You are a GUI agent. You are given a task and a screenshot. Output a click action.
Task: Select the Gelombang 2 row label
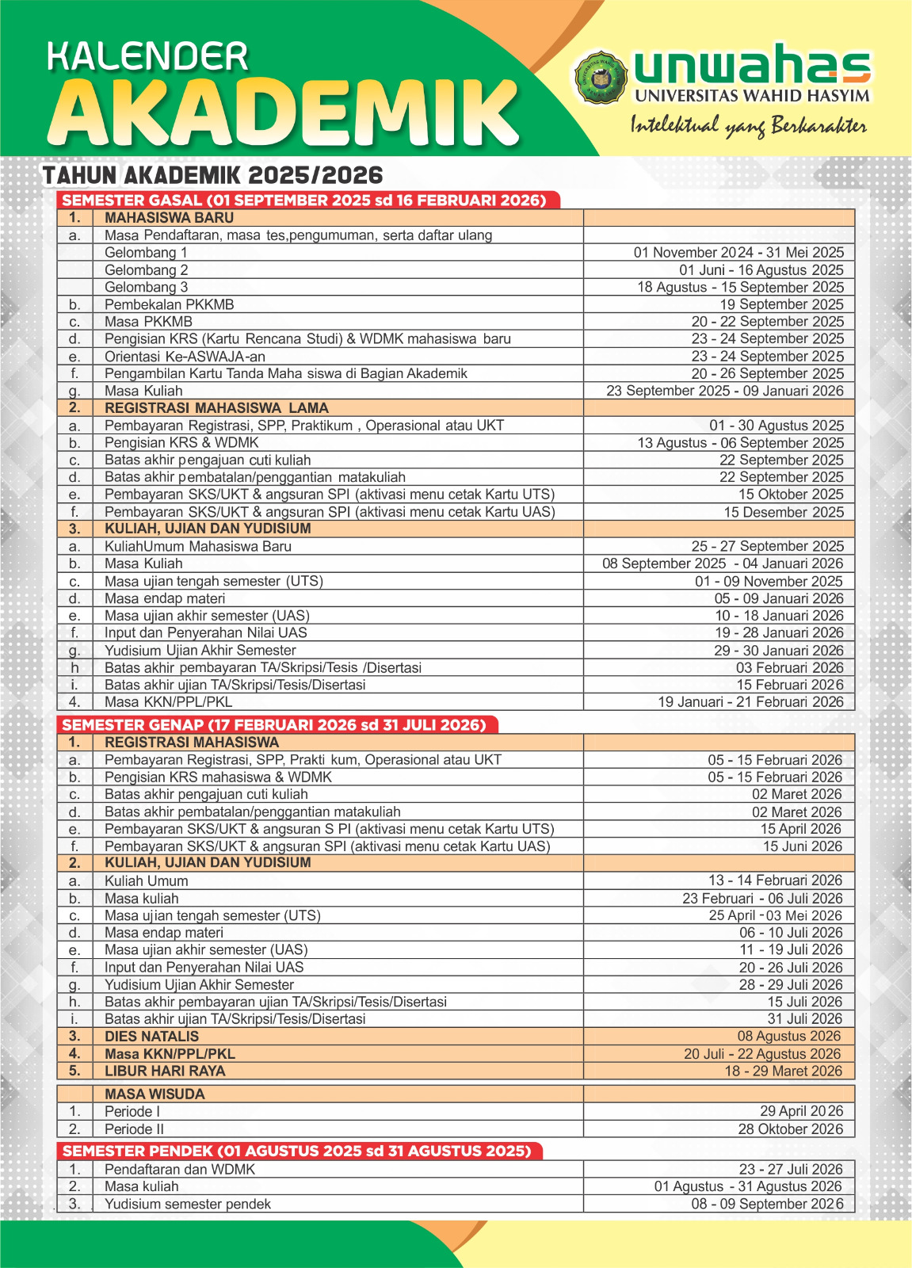(147, 270)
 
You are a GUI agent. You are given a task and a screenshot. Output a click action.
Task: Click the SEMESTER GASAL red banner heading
(304, 201)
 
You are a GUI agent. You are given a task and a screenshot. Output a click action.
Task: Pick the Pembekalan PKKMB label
(169, 304)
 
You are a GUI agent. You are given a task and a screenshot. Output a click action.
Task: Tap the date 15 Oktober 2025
(791, 495)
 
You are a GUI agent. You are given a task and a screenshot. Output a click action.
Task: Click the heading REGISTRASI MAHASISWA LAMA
(216, 408)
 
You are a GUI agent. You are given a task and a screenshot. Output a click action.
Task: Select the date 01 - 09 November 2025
(769, 581)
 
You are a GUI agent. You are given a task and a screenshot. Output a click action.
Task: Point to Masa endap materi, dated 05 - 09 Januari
(165, 598)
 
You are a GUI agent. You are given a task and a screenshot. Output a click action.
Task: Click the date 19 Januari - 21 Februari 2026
(750, 702)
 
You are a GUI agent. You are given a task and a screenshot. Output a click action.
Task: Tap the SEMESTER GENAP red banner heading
(274, 725)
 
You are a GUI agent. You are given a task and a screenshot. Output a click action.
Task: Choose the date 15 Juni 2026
(802, 846)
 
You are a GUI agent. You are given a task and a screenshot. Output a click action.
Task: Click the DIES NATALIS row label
(152, 1037)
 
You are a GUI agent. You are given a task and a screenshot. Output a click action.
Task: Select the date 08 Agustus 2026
(789, 1037)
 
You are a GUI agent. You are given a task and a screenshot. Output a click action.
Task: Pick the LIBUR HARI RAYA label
(165, 1071)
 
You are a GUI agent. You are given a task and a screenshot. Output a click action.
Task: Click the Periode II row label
(134, 1129)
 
